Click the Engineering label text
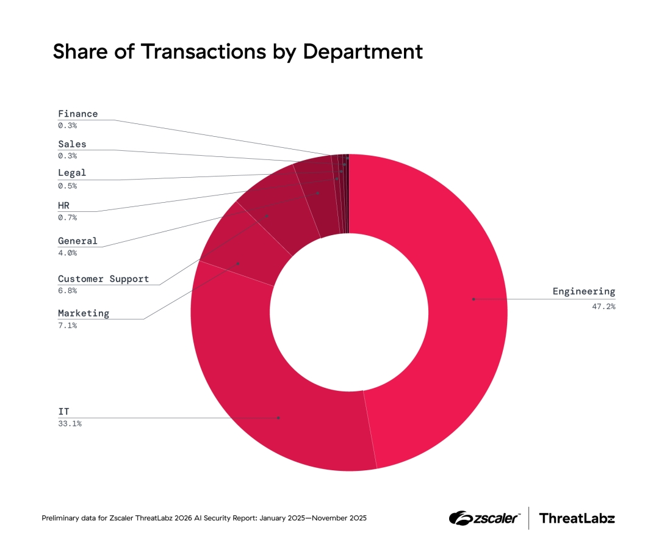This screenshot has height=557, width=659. (584, 291)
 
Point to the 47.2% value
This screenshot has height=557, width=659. (603, 306)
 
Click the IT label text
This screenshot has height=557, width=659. (63, 412)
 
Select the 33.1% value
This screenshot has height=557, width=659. (70, 423)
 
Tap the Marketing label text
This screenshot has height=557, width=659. (84, 313)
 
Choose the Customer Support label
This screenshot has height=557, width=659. (103, 278)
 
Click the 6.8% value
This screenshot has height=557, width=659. (67, 291)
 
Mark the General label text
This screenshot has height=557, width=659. (77, 241)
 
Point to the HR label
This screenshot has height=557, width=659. (64, 206)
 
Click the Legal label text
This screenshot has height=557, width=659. (72, 173)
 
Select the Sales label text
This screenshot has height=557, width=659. (72, 144)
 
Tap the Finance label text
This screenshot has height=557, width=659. (77, 114)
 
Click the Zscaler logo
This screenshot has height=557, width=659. (484, 519)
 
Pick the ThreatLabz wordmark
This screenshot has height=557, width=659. (577, 519)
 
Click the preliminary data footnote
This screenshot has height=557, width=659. (204, 519)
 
